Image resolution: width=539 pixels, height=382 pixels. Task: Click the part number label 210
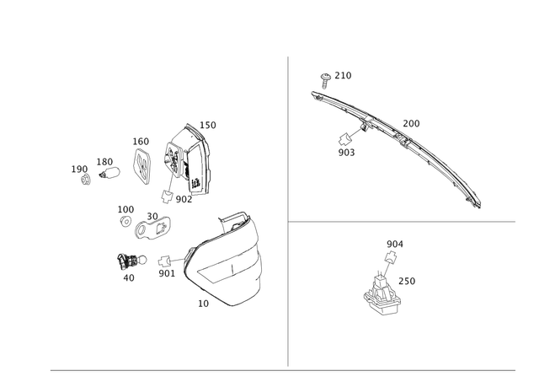pos(343,75)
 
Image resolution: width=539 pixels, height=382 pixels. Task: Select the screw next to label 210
pos(325,80)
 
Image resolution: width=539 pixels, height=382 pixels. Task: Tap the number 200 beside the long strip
pos(411,124)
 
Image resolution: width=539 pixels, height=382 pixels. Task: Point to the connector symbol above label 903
pos(344,139)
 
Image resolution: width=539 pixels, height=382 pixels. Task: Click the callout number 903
pos(346,153)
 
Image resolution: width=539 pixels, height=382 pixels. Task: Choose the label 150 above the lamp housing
pos(208,126)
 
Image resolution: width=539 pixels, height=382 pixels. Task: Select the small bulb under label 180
pos(109,172)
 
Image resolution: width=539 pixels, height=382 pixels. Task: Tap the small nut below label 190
pos(86,180)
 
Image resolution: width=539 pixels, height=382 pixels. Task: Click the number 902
pos(184,199)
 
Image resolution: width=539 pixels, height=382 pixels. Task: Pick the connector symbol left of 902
pos(167,196)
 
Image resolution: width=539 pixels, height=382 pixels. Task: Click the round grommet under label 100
pos(125,222)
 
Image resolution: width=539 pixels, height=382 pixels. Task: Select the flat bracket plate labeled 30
pos(152,228)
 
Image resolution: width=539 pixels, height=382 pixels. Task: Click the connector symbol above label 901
pos(165,261)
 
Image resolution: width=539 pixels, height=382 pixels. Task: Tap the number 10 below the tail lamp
pos(203,304)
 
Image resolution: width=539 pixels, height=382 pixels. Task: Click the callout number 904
pos(395,244)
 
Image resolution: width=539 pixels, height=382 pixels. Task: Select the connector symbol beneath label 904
pos(391,256)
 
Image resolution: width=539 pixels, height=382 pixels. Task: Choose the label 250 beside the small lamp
pos(407,281)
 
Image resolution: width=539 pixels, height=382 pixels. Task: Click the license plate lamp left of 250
pos(381,293)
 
